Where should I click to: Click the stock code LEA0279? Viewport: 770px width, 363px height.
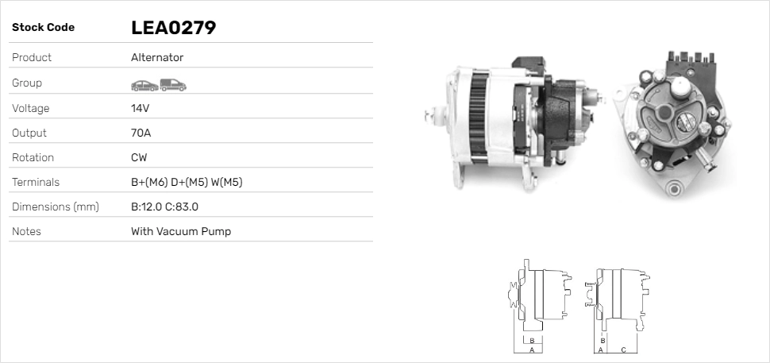[x=173, y=28]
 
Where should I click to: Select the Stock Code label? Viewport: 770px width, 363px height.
[x=43, y=28]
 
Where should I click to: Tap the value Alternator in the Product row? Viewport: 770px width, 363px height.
[x=157, y=57]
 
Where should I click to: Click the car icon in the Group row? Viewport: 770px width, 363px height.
[x=144, y=86]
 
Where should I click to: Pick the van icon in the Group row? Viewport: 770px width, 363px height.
[x=173, y=85]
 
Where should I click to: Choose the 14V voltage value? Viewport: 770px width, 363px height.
[x=140, y=108]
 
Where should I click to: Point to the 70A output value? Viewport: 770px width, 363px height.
[x=141, y=133]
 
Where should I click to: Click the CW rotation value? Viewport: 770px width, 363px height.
[x=139, y=157]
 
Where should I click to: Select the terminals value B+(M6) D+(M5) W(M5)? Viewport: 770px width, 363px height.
[x=187, y=182]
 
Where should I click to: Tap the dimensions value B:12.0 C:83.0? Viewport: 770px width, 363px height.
[x=164, y=207]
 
